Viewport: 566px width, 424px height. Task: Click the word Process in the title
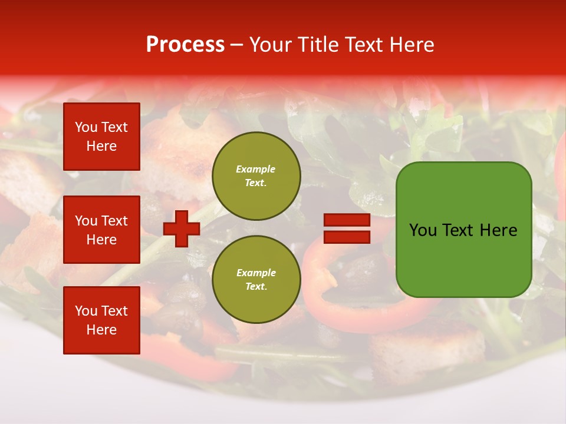(185, 45)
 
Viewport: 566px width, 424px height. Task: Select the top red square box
(101, 137)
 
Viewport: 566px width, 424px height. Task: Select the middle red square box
(101, 230)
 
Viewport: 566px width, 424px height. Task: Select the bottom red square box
(101, 320)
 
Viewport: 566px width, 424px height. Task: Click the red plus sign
(182, 228)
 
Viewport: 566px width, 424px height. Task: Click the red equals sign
(347, 228)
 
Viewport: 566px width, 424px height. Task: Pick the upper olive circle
(256, 176)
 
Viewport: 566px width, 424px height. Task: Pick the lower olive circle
(256, 280)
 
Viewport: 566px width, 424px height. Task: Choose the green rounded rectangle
(463, 230)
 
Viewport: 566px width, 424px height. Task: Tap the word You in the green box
(423, 230)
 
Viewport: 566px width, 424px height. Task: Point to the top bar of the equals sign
(347, 220)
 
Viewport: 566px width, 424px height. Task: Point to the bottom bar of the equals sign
(347, 237)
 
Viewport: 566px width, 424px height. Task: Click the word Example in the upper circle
(256, 169)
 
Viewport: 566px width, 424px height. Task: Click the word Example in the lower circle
(256, 273)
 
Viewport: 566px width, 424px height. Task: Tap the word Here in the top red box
(101, 146)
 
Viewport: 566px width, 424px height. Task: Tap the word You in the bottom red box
(86, 311)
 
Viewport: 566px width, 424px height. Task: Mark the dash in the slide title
(236, 45)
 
